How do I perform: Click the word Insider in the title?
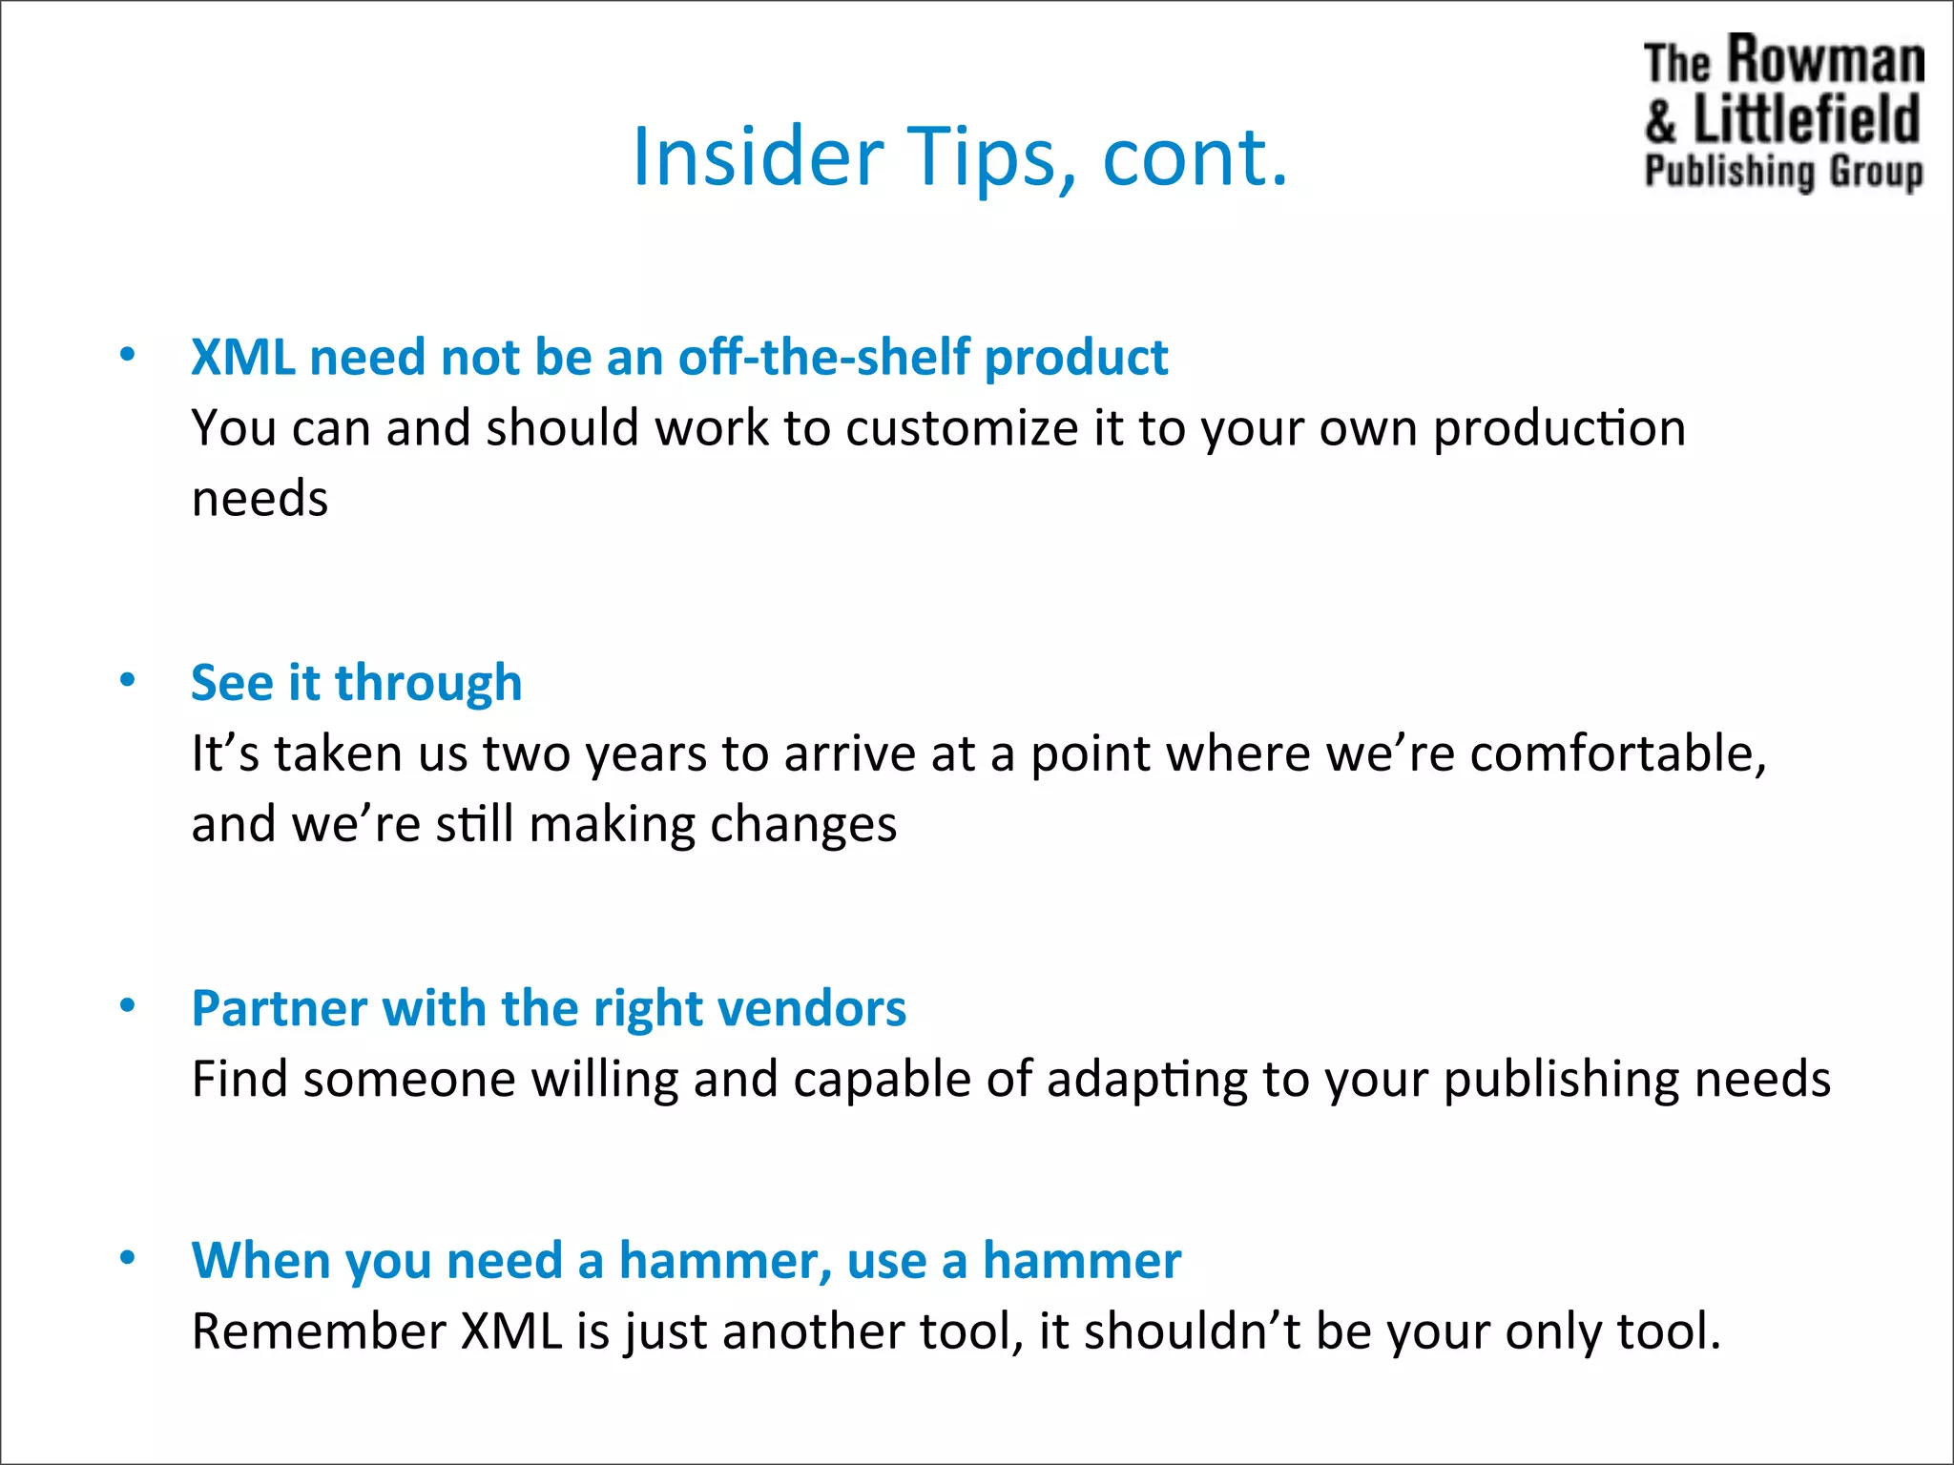[758, 157]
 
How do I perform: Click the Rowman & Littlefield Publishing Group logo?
[1783, 113]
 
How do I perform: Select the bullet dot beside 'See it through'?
[128, 681]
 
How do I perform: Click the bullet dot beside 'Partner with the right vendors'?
[128, 1006]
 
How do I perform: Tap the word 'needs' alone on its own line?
[260, 499]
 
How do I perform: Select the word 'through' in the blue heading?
[428, 684]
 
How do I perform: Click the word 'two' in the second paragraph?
[527, 753]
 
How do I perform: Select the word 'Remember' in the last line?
[319, 1331]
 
